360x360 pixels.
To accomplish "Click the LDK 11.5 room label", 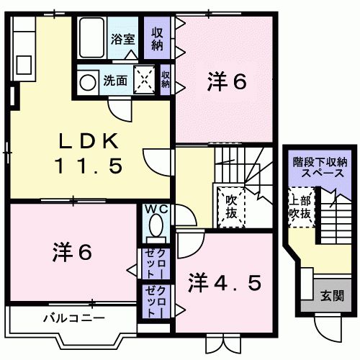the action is (x=89, y=153).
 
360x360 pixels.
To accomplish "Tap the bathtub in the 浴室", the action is (x=91, y=37).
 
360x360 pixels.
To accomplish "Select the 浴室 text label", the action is (x=122, y=39).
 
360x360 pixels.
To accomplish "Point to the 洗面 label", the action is (x=115, y=81).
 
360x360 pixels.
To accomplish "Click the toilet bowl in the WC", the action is (x=156, y=225).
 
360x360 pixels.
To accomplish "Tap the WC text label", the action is (x=157, y=210).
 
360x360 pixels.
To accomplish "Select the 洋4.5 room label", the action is (x=225, y=283).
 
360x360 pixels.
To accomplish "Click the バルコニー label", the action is (x=74, y=318).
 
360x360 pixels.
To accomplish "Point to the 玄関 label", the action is (x=333, y=296).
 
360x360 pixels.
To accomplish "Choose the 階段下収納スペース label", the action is (x=320, y=168).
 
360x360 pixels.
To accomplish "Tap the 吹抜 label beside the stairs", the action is (x=231, y=207).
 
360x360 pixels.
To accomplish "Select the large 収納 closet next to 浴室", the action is (x=157, y=37).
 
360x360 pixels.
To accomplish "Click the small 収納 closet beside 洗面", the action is (x=165, y=80).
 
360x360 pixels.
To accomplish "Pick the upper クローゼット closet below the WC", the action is (x=156, y=264).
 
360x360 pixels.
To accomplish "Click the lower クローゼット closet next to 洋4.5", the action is (x=156, y=301).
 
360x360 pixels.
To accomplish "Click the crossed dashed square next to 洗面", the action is (x=143, y=79).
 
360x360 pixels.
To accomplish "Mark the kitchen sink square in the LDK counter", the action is (x=24, y=65).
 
